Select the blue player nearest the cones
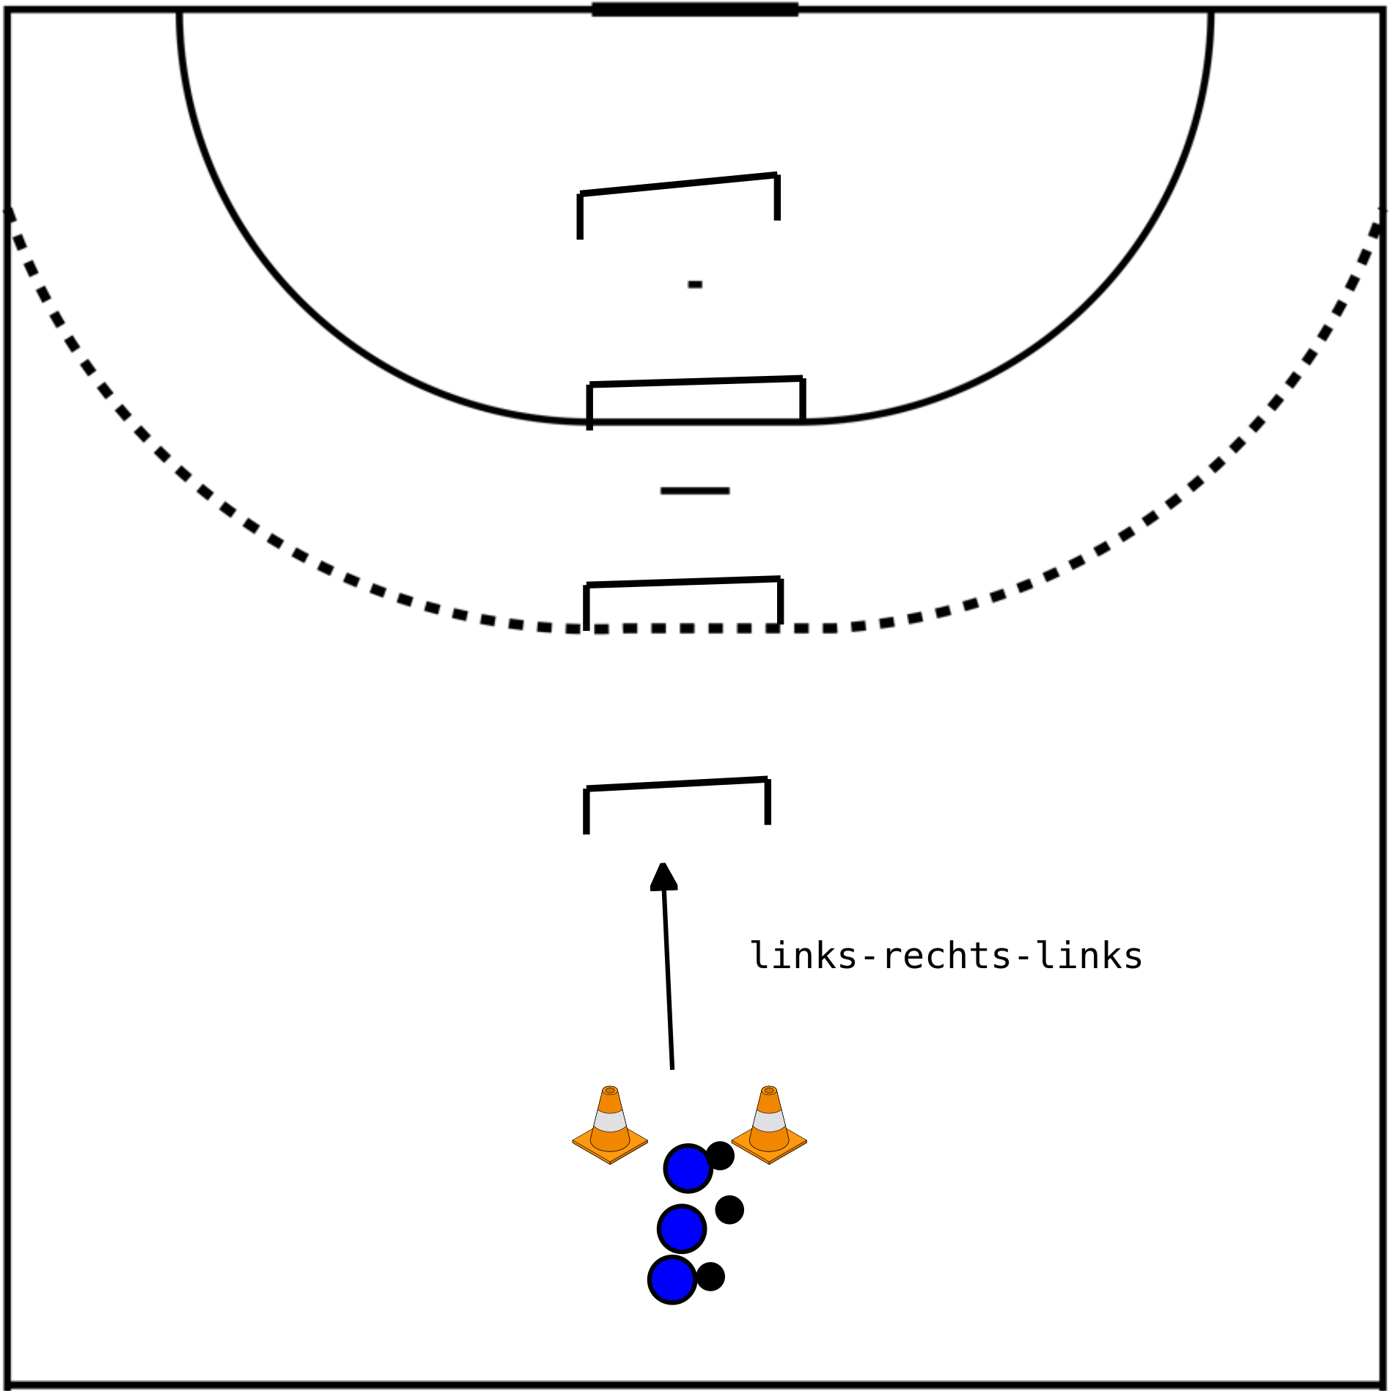coord(688,1168)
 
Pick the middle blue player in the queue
coord(682,1229)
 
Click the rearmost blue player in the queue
coord(672,1280)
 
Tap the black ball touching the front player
coord(720,1156)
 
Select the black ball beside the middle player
coord(729,1209)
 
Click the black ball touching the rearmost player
coord(710,1277)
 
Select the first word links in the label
coord(804,956)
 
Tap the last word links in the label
coord(1090,956)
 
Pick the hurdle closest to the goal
coord(679,185)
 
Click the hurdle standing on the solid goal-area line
coord(696,381)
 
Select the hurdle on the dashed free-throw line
coord(683,582)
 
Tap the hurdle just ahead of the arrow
coord(677,783)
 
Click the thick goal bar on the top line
coord(695,10)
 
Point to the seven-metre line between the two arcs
coord(695,490)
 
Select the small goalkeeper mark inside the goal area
coord(695,284)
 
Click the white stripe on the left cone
coord(610,1121)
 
